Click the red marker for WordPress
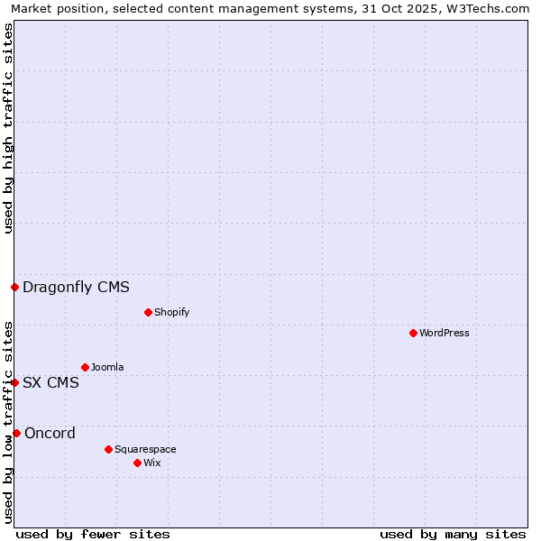413,333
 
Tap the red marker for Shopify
148,312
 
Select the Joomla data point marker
85,367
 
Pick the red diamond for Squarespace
108,449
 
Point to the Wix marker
137,463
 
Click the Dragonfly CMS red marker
14,288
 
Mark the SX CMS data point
14,382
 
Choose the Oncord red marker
16,433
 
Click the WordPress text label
445,333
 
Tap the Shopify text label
172,312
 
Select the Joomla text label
107,367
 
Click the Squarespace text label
145,449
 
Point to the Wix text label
152,463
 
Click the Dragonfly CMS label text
76,288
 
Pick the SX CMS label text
50,382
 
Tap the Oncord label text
50,433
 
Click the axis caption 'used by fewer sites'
93,534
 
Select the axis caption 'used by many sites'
453,534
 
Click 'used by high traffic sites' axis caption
8,128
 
